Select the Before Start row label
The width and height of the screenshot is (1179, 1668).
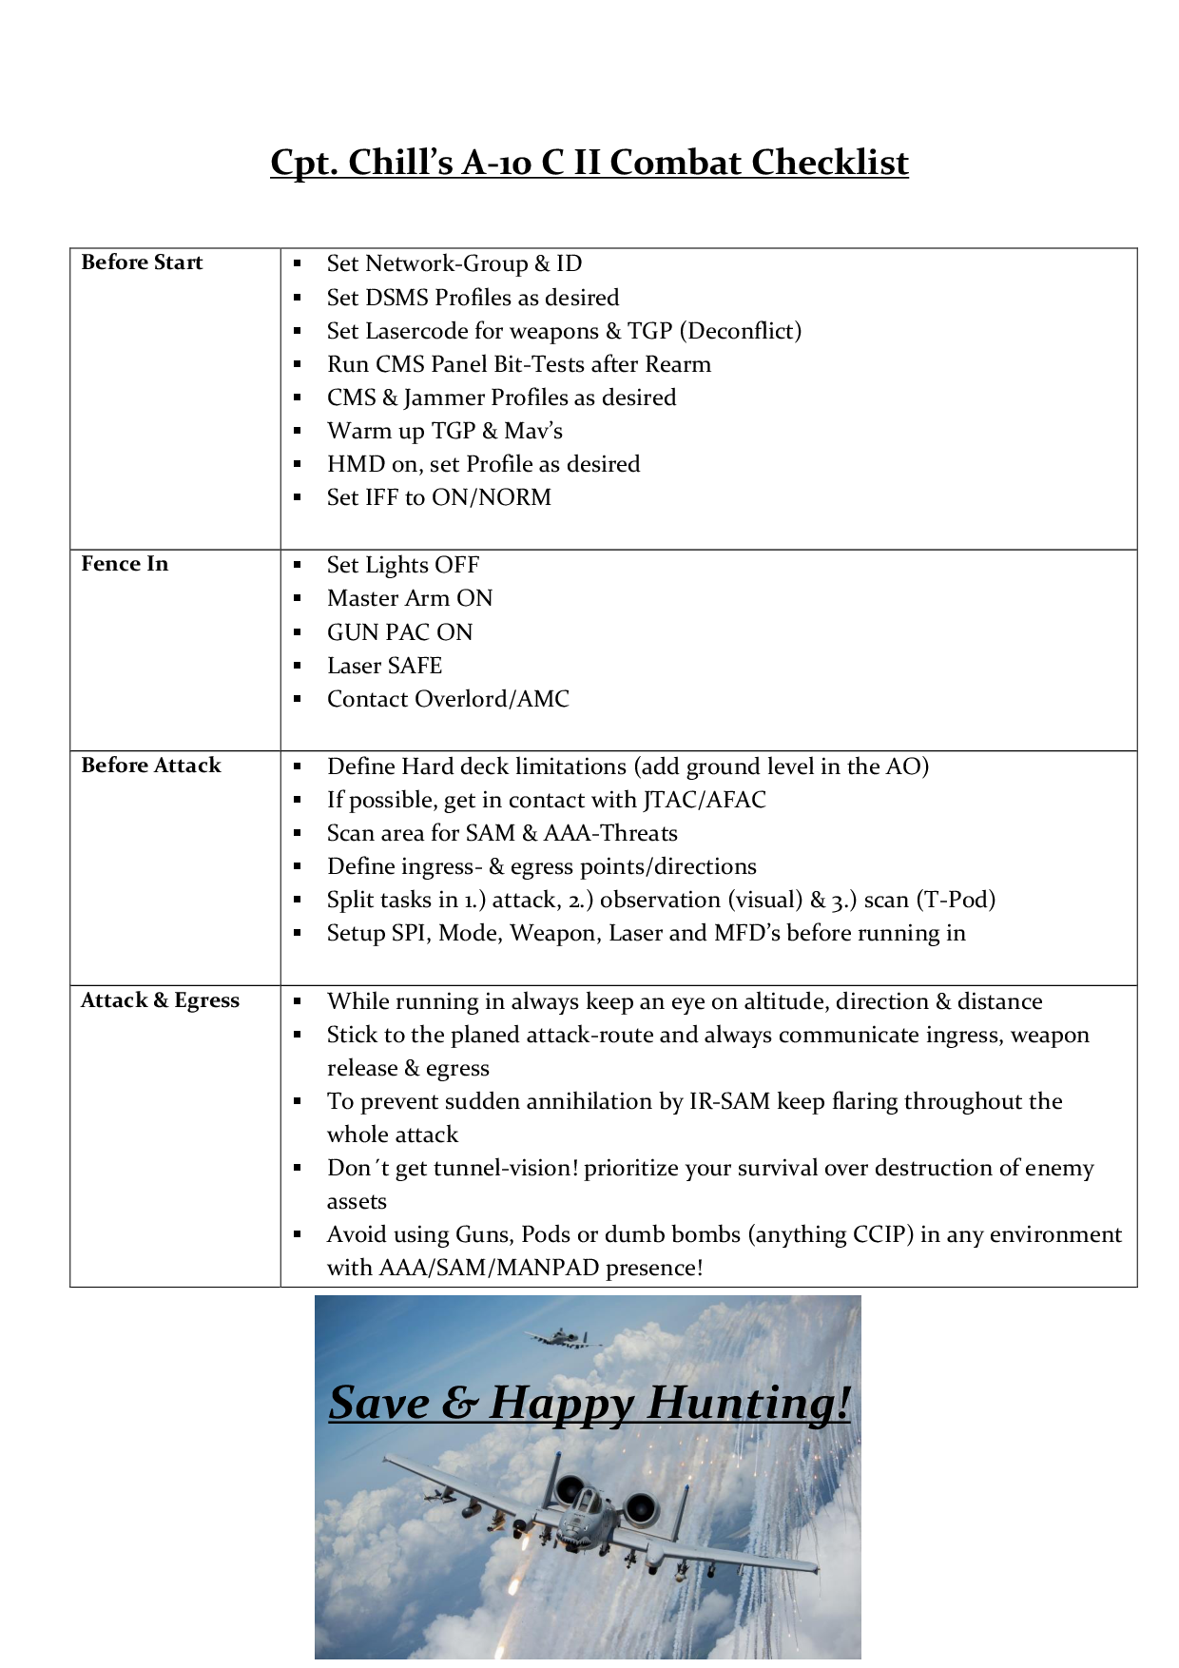(x=142, y=262)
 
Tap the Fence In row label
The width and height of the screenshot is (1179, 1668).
(x=125, y=564)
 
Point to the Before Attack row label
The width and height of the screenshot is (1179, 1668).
(x=150, y=766)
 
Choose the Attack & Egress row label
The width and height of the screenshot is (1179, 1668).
(x=160, y=1000)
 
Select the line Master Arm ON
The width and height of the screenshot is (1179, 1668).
(x=410, y=598)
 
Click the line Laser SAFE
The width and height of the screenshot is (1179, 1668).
(x=384, y=666)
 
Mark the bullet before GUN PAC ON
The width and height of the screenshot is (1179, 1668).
(x=298, y=632)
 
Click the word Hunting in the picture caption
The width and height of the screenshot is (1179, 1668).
(x=747, y=1404)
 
